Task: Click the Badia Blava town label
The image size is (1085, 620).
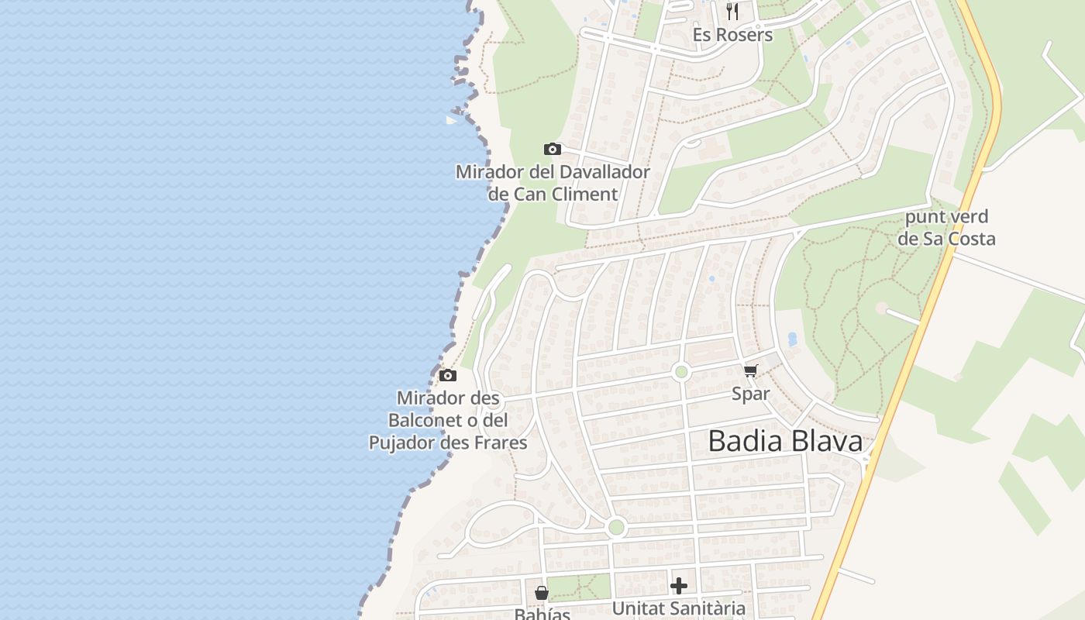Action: point(785,441)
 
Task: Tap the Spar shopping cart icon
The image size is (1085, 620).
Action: point(750,371)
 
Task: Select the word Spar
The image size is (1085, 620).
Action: point(751,394)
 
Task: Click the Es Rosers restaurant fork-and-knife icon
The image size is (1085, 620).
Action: point(732,11)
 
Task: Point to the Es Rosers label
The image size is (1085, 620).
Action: point(732,35)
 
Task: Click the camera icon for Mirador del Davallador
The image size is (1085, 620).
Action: point(552,149)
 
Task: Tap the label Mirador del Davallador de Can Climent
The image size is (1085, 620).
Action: point(553,183)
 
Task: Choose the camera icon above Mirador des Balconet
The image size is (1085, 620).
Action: point(447,376)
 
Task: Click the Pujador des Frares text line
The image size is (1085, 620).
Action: point(448,443)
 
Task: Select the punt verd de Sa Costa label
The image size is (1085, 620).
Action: point(946,227)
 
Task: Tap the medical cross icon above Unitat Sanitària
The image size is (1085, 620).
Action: point(679,586)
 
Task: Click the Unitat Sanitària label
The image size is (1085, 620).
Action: point(679,608)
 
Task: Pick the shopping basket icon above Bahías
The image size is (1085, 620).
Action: point(541,593)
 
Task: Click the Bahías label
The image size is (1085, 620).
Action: point(542,614)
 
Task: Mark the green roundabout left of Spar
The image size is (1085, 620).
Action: point(681,372)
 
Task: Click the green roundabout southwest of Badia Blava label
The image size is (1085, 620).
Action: point(616,528)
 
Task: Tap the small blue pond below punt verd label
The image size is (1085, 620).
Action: point(791,339)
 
